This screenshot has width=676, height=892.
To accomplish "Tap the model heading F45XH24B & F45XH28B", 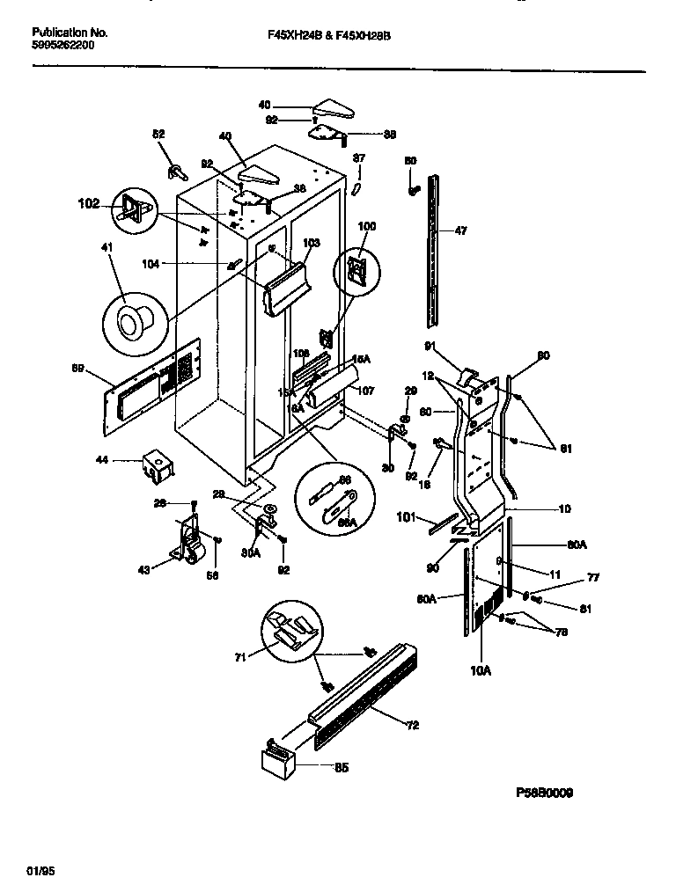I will (327, 36).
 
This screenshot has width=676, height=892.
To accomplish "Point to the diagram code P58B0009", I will (544, 793).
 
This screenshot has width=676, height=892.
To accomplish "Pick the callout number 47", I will (459, 231).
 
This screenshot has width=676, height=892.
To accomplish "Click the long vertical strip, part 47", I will (433, 238).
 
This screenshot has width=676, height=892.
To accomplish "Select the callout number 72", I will (412, 726).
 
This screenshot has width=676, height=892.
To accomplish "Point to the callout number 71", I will (239, 655).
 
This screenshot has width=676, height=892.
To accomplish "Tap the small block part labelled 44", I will (156, 465).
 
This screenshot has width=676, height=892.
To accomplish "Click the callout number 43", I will (143, 568).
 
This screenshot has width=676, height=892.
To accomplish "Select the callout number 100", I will (366, 226).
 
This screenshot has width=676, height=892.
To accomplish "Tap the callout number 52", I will (158, 135).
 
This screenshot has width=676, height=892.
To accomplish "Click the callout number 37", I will (359, 158).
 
